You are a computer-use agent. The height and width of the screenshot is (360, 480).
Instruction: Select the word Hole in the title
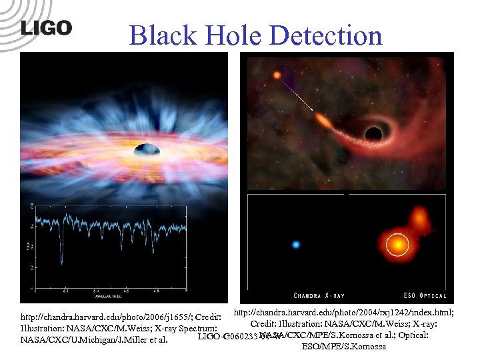pyautogui.click(x=233, y=35)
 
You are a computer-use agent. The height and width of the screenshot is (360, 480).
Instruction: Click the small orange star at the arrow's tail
pyautogui.click(x=277, y=75)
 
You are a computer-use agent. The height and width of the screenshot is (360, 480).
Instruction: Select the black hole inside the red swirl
pyautogui.click(x=372, y=133)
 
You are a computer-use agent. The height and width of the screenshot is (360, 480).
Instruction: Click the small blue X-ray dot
pyautogui.click(x=295, y=245)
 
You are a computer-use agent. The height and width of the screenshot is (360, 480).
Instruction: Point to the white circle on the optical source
pyautogui.click(x=397, y=245)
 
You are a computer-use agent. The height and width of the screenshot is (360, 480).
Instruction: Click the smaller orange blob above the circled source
pyautogui.click(x=419, y=217)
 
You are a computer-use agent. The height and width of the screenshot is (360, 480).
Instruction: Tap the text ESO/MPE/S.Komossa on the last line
pyautogui.click(x=344, y=347)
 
